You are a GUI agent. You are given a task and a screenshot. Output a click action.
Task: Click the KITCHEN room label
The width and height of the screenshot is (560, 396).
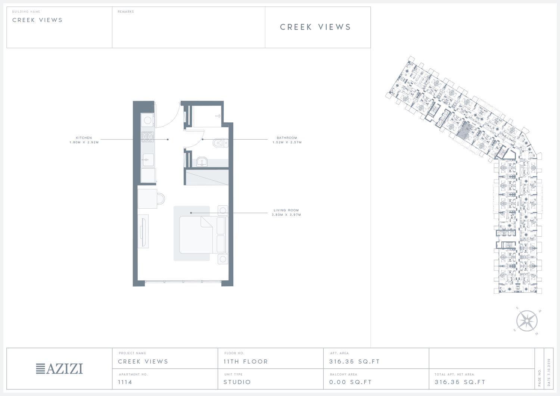(84, 138)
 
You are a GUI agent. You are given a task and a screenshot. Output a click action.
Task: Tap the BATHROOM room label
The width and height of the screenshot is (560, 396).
(287, 138)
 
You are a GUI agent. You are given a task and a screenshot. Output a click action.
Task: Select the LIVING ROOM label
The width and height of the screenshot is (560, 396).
(286, 210)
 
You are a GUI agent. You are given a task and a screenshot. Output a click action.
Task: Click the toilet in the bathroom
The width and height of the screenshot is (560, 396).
(221, 143)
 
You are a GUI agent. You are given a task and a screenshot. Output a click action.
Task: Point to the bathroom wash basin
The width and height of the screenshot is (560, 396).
(202, 162)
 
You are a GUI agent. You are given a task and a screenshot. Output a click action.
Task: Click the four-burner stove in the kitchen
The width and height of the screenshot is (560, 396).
(147, 137)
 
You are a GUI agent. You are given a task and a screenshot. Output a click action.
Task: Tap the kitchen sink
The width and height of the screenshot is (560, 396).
(148, 159)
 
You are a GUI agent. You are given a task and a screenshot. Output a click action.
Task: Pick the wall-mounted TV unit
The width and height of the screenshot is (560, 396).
(143, 231)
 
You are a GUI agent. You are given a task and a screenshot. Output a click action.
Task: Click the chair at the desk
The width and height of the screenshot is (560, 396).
(161, 199)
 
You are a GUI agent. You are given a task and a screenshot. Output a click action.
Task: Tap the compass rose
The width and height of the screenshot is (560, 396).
(527, 321)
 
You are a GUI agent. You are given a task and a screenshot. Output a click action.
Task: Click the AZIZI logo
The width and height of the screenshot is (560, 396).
(59, 369)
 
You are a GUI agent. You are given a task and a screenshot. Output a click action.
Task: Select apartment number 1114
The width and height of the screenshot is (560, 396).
(125, 382)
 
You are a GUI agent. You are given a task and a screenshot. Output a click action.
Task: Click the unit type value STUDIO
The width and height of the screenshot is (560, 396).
(237, 382)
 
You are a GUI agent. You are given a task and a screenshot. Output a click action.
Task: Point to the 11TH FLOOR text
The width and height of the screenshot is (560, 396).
(246, 362)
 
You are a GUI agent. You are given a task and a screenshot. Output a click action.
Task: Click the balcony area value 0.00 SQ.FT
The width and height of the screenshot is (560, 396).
(351, 382)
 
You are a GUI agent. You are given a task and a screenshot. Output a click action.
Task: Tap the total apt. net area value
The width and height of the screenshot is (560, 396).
(460, 382)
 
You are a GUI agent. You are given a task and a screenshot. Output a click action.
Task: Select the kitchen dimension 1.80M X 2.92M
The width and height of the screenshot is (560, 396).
(84, 142)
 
